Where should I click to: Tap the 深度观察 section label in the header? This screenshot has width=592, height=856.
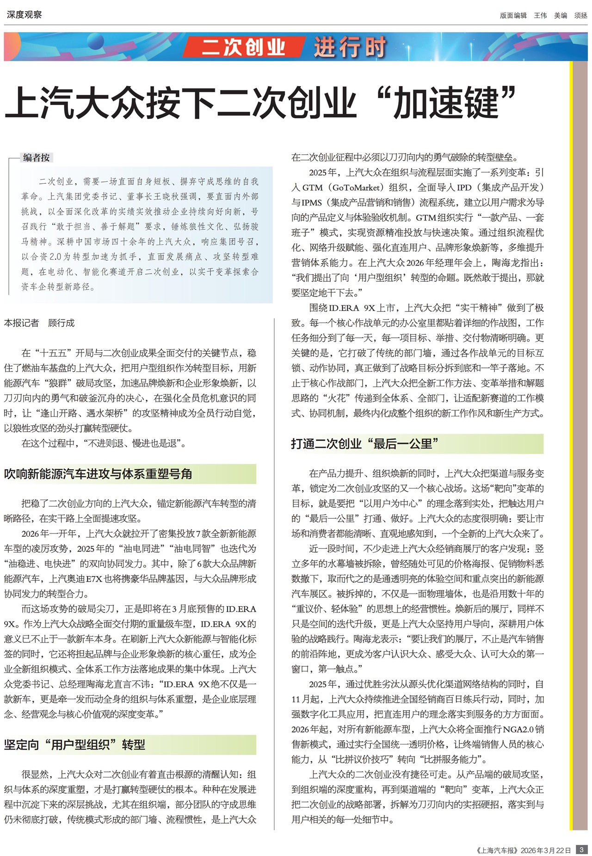(x=24, y=15)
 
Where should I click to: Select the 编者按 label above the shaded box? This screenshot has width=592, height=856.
(x=37, y=157)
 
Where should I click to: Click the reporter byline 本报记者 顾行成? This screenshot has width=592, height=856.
(x=39, y=323)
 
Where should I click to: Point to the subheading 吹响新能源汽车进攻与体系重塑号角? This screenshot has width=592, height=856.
(x=98, y=474)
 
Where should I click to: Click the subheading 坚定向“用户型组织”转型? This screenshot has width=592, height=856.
(x=75, y=744)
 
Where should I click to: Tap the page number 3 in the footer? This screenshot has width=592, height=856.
(x=581, y=850)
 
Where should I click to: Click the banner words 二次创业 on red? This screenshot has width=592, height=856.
(x=243, y=47)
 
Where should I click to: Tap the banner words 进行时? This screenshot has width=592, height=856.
(x=350, y=47)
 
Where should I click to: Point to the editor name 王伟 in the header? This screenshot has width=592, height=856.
(x=540, y=15)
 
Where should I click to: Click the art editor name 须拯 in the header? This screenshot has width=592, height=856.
(x=581, y=15)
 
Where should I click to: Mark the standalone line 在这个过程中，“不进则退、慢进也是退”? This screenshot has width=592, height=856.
(x=104, y=443)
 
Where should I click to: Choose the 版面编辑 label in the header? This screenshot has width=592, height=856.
(x=513, y=15)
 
